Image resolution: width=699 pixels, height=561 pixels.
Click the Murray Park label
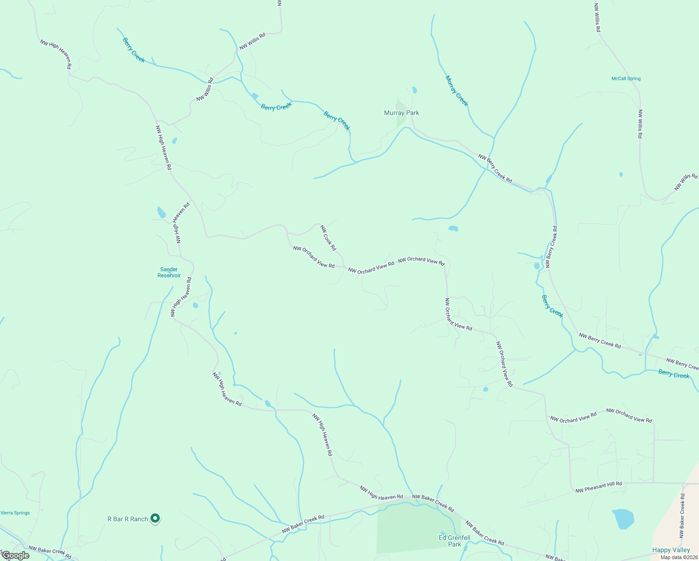pos(401,113)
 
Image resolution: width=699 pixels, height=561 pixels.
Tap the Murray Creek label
pos(456,91)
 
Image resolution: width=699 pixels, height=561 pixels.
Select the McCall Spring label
pos(626,79)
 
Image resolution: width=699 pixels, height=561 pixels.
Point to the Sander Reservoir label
pos(169,273)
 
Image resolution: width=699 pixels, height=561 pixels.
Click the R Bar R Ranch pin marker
pos(156,518)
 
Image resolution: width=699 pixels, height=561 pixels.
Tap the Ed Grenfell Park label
pos(454,541)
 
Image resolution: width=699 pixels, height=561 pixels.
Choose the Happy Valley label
pos(671,550)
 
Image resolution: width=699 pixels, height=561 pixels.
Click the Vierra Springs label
pos(15,513)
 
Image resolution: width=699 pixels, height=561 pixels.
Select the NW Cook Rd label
pos(328,238)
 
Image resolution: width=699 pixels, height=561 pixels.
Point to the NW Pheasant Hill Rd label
pos(599,487)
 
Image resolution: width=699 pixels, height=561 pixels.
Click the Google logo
pos(15,555)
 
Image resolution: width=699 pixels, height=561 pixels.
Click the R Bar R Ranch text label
pos(128,519)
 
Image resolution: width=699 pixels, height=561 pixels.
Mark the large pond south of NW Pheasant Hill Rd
pos(623,519)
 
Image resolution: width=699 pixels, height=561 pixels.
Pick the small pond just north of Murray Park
pos(414,90)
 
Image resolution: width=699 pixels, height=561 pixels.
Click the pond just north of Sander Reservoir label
pos(161,213)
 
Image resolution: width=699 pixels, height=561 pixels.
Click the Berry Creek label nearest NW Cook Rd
pos(337,121)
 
